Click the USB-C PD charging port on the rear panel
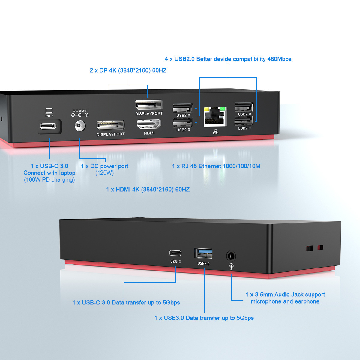coord(48,126)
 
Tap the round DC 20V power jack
coord(80,126)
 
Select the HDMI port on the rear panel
coord(149,124)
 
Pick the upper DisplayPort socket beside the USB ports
coord(149,105)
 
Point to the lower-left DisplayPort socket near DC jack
coord(110,125)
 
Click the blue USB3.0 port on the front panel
coord(204,253)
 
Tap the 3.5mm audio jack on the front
coord(231,256)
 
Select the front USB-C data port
coord(175,253)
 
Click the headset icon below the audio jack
coord(231,266)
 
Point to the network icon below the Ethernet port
coord(216,131)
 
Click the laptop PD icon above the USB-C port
coord(49,112)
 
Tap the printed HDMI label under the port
coord(149,133)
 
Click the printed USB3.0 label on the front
coord(203,264)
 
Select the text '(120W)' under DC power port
coord(104,173)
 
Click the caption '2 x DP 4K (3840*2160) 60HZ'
coord(128,70)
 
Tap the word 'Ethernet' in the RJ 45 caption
coord(210,166)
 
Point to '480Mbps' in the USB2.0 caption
coord(279,59)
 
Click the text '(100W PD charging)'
coord(49,180)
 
